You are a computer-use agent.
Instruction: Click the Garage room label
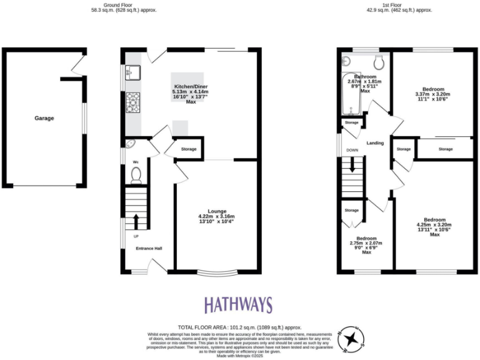[44, 118]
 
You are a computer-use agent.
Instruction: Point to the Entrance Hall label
[149, 249]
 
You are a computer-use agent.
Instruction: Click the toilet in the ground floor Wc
[136, 176]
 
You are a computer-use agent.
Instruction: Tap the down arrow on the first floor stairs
[352, 166]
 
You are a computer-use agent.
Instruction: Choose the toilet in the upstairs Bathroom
[377, 62]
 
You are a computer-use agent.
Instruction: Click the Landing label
[375, 143]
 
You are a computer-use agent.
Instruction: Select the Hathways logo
[238, 305]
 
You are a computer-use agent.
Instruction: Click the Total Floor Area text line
[240, 327]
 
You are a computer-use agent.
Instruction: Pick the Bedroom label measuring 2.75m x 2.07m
[366, 238]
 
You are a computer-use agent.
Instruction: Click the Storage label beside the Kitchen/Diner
[189, 149]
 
